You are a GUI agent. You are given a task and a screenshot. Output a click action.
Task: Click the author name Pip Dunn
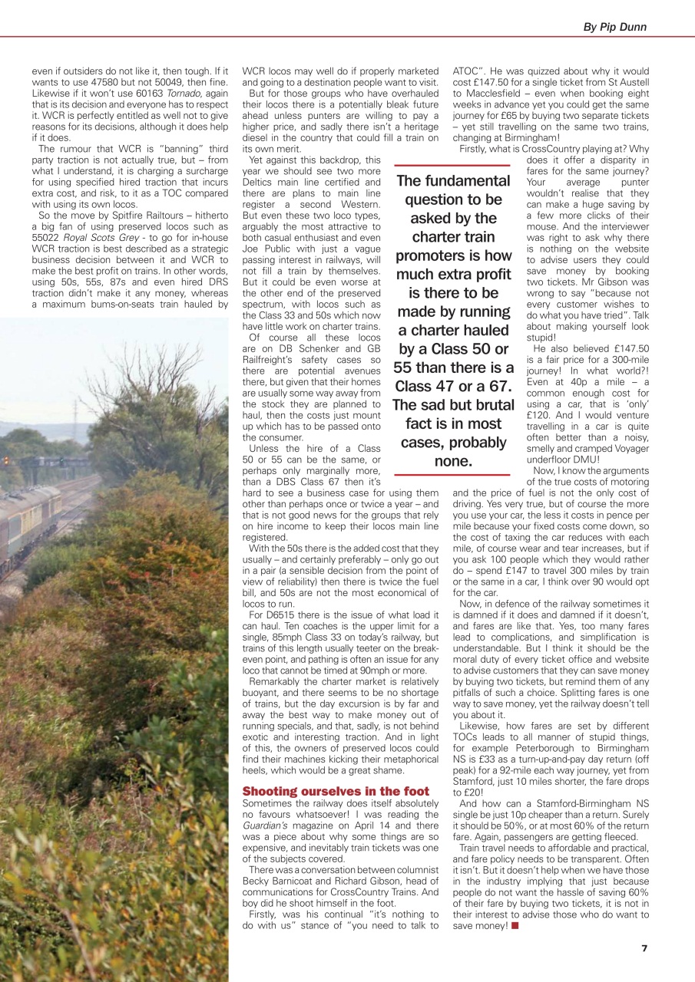(614, 27)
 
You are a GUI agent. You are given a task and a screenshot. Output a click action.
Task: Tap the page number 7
(644, 947)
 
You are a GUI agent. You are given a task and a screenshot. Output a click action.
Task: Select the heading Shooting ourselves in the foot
(336, 791)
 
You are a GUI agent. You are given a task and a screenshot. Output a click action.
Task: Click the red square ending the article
(515, 926)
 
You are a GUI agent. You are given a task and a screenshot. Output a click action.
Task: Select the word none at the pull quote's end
(452, 461)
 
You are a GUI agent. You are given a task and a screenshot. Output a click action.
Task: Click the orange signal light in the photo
(6, 460)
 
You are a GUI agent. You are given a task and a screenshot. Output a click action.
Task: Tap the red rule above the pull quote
(452, 165)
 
